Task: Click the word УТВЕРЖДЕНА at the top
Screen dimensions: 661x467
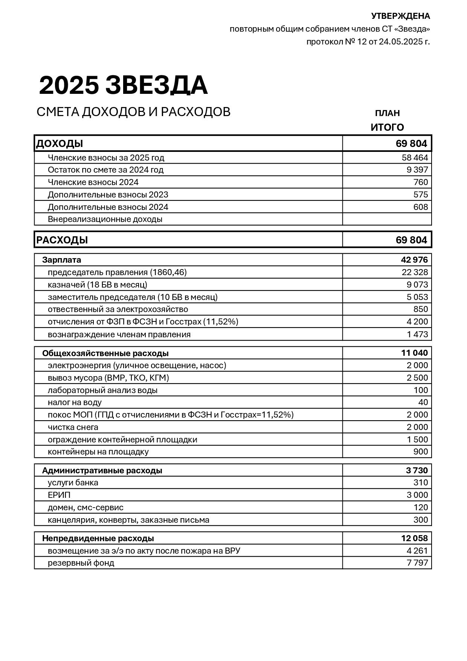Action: click(400, 16)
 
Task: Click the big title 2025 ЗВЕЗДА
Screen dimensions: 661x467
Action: click(123, 86)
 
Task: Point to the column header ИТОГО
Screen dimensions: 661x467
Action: click(387, 127)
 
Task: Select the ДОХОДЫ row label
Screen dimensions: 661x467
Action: click(60, 144)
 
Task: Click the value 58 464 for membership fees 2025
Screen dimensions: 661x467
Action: click(415, 158)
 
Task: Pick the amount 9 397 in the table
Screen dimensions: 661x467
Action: click(417, 170)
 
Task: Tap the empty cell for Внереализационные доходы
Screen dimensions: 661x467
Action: click(387, 219)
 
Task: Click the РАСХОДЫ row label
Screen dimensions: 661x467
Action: click(62, 240)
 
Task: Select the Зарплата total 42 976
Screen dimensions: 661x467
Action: click(414, 260)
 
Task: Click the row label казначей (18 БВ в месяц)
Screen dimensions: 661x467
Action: click(98, 285)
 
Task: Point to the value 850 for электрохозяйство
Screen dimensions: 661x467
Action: click(421, 309)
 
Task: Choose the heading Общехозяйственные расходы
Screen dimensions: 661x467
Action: click(105, 353)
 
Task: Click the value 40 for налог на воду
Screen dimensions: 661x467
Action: click(423, 402)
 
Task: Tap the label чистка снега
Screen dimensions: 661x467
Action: click(73, 427)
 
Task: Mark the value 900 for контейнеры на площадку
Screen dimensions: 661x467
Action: click(421, 451)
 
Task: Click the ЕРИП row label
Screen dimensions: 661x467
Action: click(59, 495)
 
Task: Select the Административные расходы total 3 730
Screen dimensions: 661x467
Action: click(417, 470)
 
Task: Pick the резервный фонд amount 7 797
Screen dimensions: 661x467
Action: click(417, 563)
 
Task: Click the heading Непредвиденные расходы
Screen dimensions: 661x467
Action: click(98, 538)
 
